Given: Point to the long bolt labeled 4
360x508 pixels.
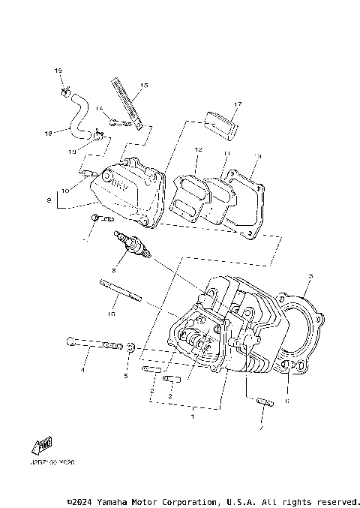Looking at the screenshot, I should point(93,344).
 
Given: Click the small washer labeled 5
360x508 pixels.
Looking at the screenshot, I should point(131,347).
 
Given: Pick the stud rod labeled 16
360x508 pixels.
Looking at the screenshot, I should point(120,290).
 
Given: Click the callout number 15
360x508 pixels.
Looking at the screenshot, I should point(144,86).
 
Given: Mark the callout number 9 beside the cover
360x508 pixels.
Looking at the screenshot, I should point(49,200).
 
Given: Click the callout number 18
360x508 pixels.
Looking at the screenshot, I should point(48,134).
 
